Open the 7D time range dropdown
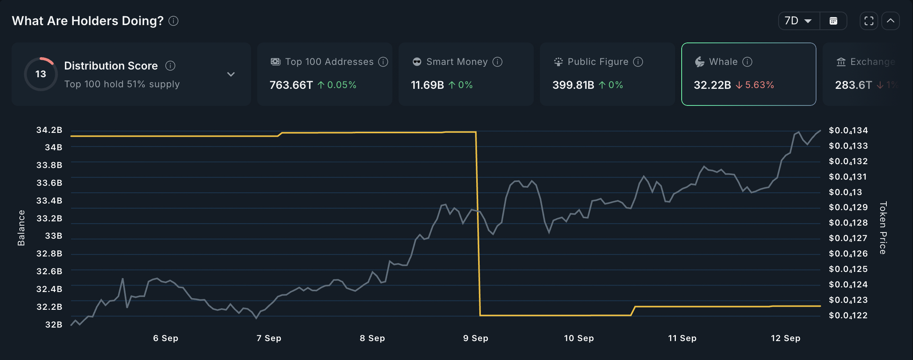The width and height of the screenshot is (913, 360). (798, 21)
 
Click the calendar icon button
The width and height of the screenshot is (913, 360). (833, 21)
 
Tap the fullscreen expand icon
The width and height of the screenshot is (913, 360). (869, 21)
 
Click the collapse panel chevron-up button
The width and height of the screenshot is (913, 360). (891, 21)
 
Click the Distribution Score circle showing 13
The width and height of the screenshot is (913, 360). (41, 74)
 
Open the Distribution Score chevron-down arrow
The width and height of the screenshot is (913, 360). (231, 74)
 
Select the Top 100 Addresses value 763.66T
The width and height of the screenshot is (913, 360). (291, 85)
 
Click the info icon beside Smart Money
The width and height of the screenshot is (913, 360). (497, 62)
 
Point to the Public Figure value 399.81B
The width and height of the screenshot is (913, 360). (573, 85)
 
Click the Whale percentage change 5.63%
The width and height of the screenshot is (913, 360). (759, 85)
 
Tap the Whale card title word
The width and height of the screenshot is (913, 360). (723, 62)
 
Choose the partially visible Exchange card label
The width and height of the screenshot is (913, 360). (872, 62)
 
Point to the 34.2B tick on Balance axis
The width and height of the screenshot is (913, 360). (49, 130)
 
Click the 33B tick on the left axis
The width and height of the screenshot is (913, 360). (53, 236)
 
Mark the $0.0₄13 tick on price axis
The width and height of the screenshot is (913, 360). (845, 192)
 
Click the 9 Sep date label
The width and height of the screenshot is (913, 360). (475, 338)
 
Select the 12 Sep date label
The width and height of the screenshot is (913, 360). (785, 338)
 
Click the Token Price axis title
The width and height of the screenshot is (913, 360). (883, 228)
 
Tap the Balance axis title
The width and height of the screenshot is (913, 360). (21, 228)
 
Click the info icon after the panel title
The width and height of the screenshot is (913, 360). (173, 21)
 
